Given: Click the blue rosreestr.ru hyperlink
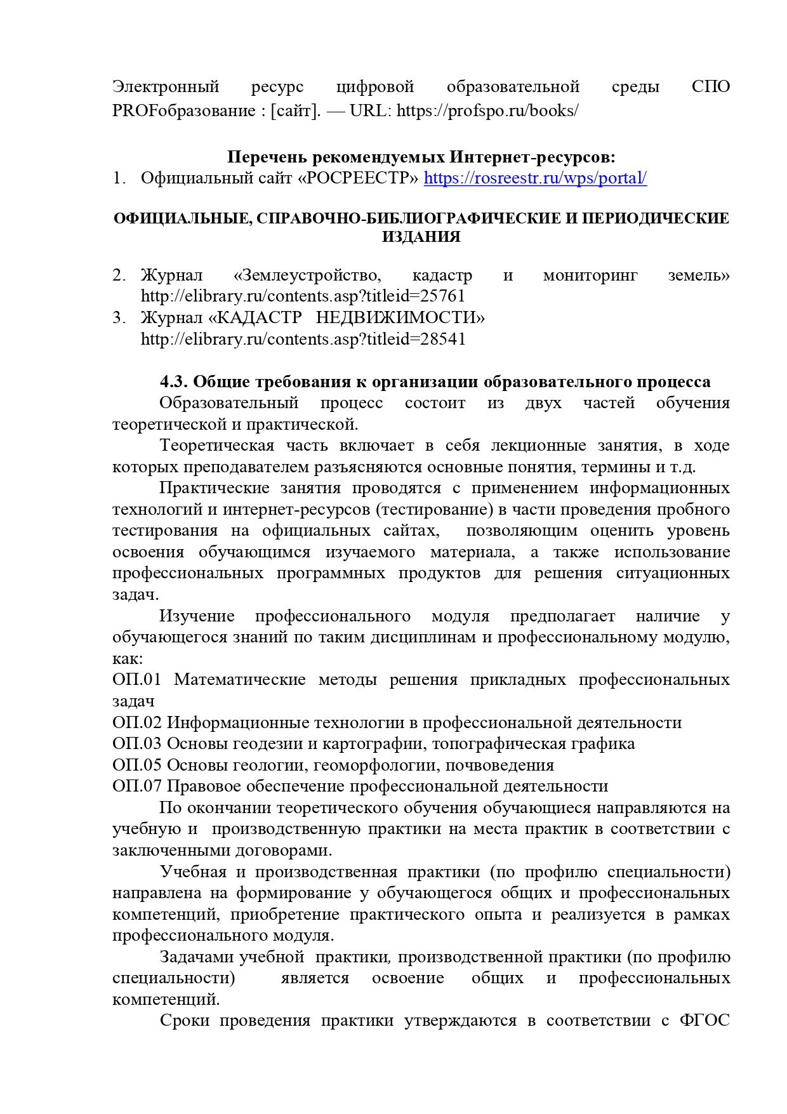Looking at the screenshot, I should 535,178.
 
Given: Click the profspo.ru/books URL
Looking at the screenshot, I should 487,111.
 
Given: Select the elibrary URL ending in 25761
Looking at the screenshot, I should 303,296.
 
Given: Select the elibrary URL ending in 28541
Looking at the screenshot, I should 303,339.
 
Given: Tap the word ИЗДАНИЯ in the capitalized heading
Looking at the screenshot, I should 421,237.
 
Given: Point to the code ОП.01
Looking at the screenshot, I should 137,680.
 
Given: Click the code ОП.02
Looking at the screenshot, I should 137,723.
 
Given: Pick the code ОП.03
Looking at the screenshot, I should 137,744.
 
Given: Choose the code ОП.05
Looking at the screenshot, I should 137,766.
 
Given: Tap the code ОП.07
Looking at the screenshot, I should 137,786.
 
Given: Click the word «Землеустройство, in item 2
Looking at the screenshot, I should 307,275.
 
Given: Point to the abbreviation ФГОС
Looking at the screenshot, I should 704,1021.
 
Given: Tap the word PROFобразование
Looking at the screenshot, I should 183,111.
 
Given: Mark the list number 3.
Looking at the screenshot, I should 119,317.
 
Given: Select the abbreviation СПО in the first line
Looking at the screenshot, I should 711,87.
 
